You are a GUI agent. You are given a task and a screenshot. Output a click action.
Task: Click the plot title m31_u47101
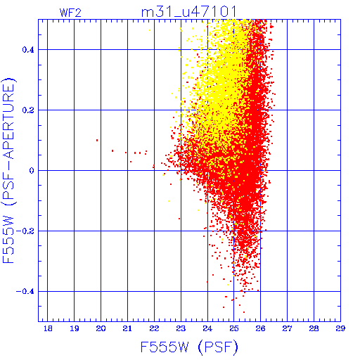(188, 11)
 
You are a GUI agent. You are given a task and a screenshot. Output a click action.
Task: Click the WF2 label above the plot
(70, 13)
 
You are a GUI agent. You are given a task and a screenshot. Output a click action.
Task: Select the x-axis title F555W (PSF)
(189, 347)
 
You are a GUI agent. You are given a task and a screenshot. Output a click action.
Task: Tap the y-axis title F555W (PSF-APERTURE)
(8, 170)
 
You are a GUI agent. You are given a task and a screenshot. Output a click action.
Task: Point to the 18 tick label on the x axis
(48, 328)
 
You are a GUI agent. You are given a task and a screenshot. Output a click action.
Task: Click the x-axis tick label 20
(101, 328)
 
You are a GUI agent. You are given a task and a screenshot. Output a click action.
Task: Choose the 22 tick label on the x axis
(154, 328)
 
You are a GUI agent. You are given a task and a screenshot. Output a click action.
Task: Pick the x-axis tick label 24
(207, 328)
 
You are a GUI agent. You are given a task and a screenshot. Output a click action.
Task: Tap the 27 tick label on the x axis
(287, 328)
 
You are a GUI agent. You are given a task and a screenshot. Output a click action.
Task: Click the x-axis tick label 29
(340, 328)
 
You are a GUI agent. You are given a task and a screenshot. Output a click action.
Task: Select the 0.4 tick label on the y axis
(28, 50)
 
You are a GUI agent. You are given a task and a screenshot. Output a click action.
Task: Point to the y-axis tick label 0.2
(28, 110)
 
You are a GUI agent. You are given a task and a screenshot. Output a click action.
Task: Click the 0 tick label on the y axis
(32, 171)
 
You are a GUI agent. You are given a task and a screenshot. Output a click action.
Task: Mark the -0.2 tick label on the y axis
(25, 231)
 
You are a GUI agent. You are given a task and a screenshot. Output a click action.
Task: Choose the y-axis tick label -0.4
(25, 292)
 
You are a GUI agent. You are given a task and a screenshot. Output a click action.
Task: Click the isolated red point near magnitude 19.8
(97, 141)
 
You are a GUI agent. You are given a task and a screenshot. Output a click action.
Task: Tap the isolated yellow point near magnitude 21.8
(150, 30)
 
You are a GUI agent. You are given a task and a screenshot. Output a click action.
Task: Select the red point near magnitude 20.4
(112, 150)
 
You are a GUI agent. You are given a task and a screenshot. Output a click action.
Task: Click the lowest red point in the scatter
(244, 312)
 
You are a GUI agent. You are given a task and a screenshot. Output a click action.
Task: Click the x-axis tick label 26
(260, 328)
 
